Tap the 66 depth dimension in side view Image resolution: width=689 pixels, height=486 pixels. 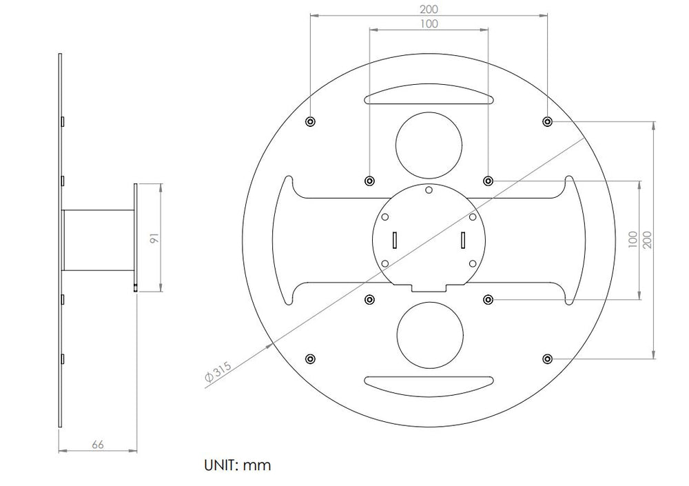coord(98,445)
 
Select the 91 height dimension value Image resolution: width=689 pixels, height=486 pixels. coord(154,238)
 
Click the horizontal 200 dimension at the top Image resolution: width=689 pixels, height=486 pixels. coord(429,9)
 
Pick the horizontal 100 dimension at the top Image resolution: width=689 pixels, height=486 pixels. coord(429,23)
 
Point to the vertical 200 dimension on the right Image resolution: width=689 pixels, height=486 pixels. coord(647,240)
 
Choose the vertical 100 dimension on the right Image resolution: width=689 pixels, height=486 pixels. coord(633,240)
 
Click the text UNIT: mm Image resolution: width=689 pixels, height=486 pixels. coord(237,465)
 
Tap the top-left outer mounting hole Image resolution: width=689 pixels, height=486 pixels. coord(311,121)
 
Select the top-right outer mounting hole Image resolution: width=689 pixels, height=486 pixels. coord(547,121)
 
